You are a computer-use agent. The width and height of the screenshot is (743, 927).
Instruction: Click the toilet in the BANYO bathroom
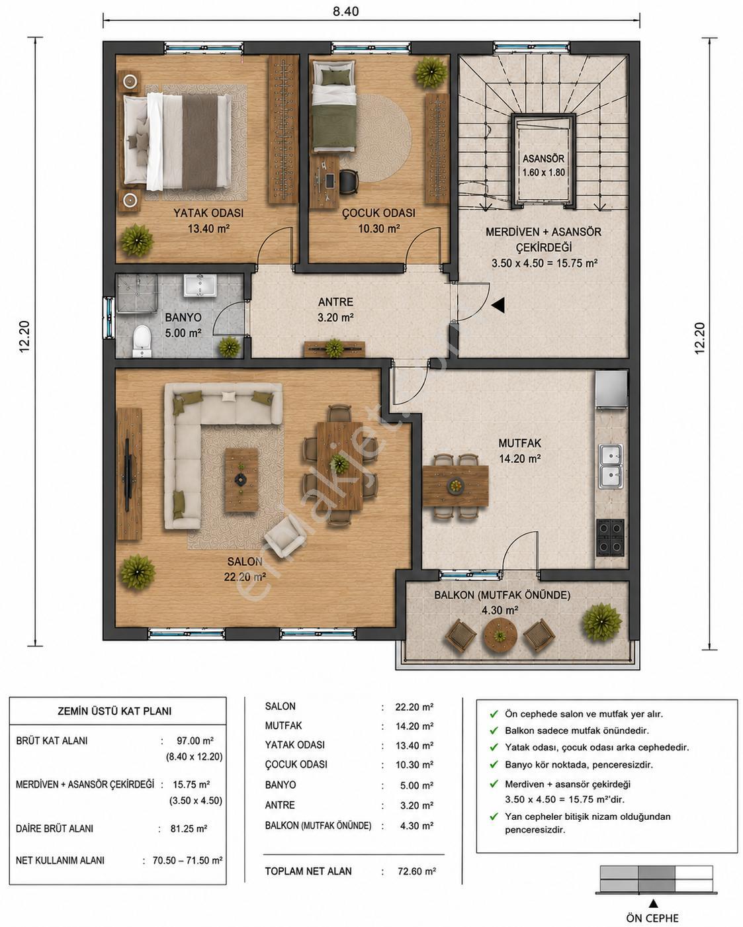[142, 341]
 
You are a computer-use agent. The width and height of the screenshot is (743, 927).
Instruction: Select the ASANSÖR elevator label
[543, 159]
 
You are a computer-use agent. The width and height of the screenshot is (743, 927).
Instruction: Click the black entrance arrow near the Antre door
[498, 305]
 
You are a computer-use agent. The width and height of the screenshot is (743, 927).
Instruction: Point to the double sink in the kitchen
[611, 466]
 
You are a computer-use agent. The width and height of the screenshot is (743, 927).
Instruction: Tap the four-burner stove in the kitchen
[610, 537]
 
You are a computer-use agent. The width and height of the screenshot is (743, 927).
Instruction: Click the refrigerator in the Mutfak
[611, 389]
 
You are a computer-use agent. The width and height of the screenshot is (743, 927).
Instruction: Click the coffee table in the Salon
[241, 480]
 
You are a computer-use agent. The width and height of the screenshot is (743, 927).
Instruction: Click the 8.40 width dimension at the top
[345, 11]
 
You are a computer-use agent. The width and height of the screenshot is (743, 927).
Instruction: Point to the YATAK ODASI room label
[208, 213]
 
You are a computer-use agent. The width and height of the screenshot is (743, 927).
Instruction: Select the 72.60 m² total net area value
[417, 871]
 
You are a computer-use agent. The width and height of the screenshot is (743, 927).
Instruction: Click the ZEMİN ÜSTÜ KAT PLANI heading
[114, 711]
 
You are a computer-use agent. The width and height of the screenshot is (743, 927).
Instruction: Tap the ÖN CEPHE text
[652, 918]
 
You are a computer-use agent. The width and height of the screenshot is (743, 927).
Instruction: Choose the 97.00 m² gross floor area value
[195, 740]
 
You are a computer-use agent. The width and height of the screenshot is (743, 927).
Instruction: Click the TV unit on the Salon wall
[129, 474]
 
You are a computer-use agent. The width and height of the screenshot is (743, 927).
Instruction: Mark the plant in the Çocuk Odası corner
[431, 72]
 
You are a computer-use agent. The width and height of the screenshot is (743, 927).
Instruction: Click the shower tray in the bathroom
[136, 293]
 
